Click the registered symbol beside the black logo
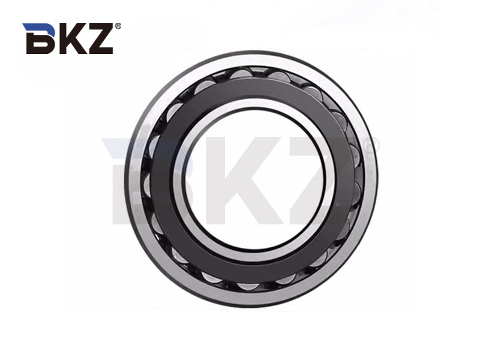[x=118, y=26]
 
